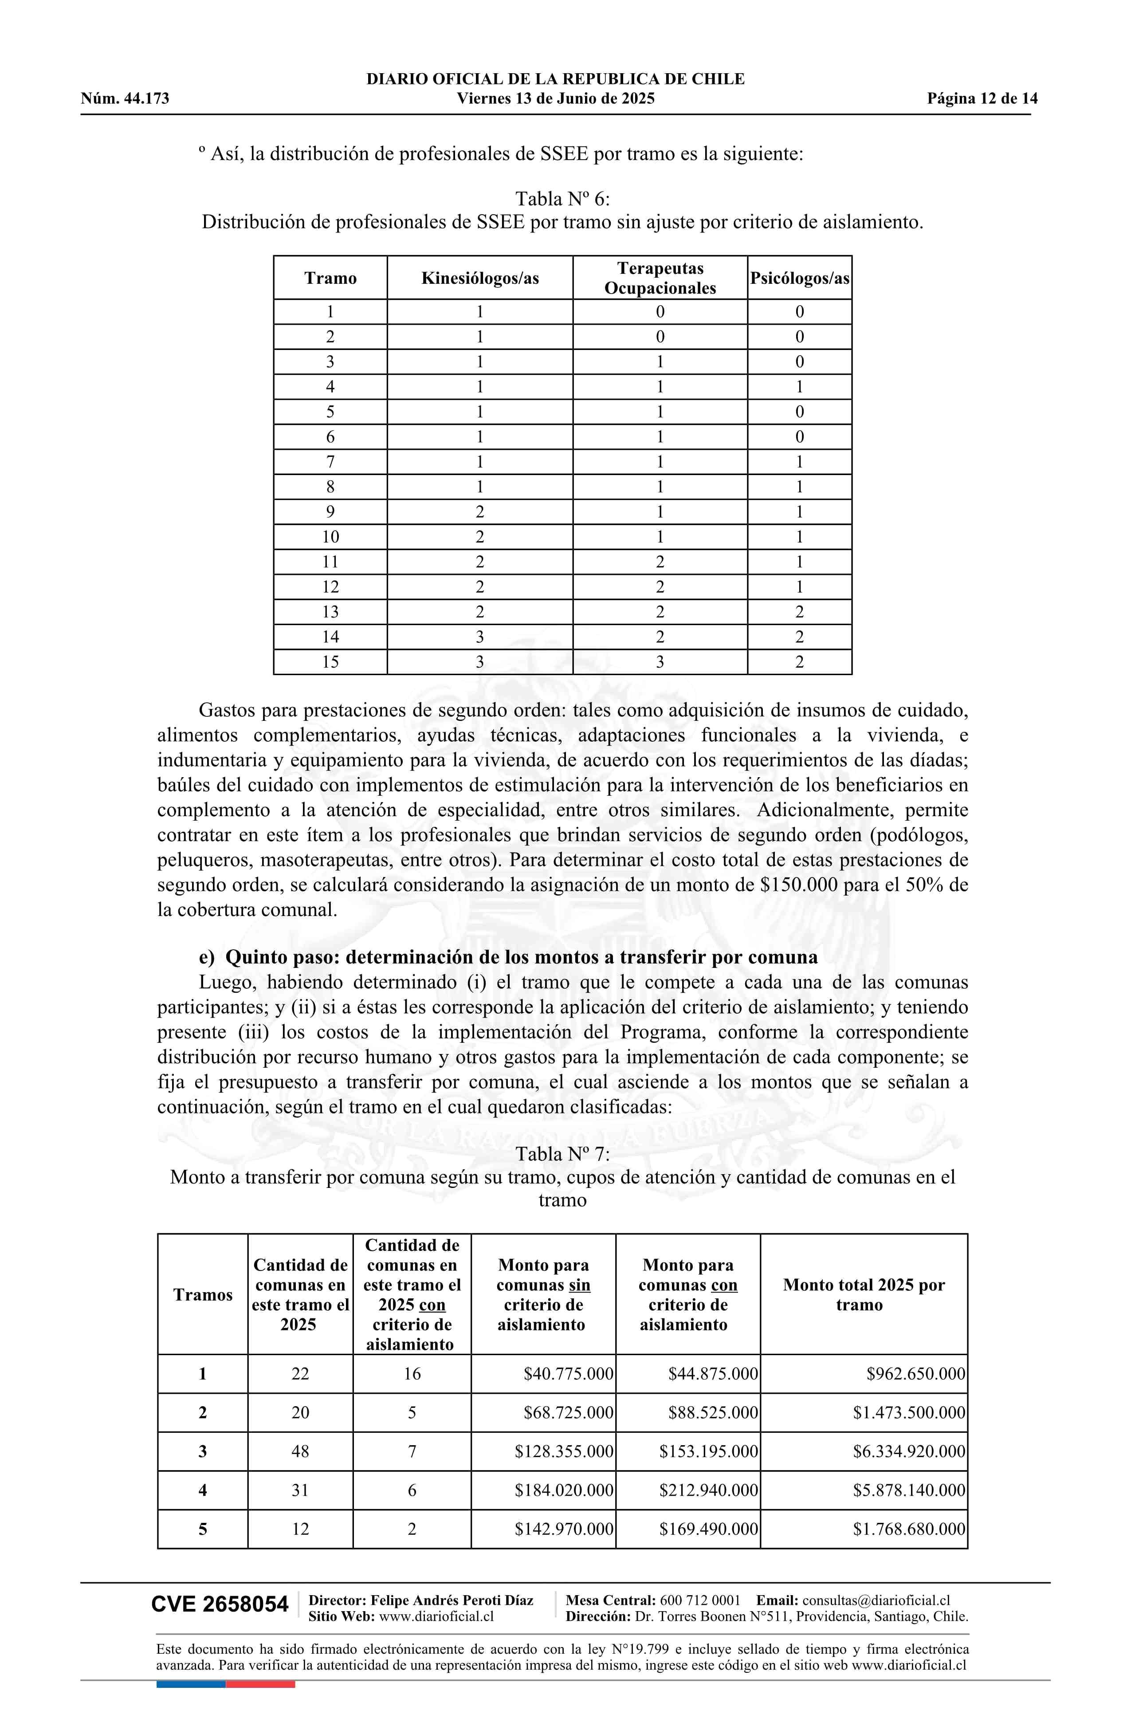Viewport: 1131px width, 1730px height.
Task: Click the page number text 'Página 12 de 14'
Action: [981, 99]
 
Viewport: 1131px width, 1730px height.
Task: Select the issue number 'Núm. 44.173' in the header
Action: [125, 99]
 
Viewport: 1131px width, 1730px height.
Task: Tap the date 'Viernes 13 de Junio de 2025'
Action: [555, 99]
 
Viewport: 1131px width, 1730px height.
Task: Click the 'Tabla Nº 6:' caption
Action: [562, 198]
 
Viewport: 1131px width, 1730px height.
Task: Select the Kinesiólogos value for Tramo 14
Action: [480, 637]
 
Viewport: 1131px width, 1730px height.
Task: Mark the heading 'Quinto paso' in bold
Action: [508, 957]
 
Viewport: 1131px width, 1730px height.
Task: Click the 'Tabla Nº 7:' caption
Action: [562, 1154]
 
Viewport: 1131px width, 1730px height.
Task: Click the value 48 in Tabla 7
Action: [300, 1451]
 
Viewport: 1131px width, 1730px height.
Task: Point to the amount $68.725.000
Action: [568, 1413]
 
